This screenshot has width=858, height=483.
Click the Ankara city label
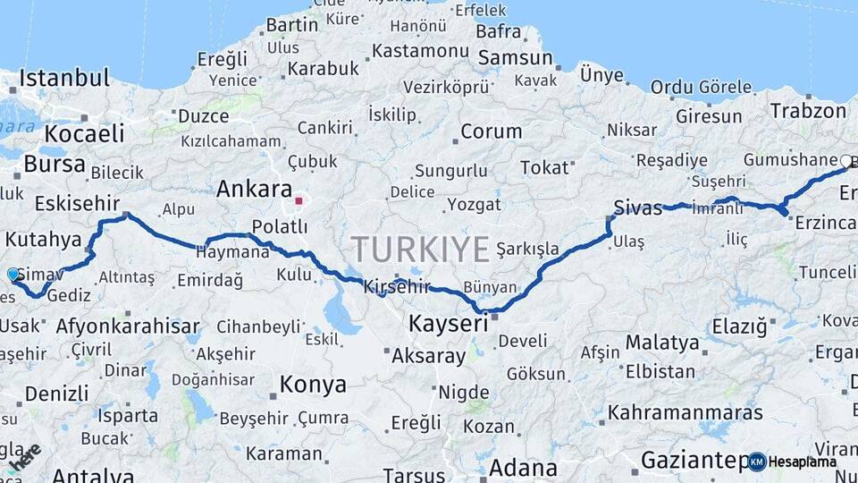pos(255,190)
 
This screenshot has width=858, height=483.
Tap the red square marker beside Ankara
pos(299,200)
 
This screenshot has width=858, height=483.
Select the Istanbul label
pos(63,78)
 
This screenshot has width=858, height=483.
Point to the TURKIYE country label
pos(420,248)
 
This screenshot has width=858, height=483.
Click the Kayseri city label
pos(449,322)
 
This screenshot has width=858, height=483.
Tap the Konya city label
pos(313,385)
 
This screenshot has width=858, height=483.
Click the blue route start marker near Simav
pos(13,274)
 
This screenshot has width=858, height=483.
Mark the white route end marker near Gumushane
pos(845,162)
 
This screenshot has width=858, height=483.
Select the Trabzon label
pos(808,111)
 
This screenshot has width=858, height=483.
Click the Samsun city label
pos(516,58)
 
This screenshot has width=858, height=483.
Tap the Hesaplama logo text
pos(802,462)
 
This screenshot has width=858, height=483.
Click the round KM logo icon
pos(757,462)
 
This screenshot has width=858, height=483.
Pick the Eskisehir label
pos(77,203)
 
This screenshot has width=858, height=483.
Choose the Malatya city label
pos(662,343)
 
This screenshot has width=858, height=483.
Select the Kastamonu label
pos(420,51)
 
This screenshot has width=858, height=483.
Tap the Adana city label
pos(523,467)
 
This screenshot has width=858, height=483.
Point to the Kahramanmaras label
pos(686,412)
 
